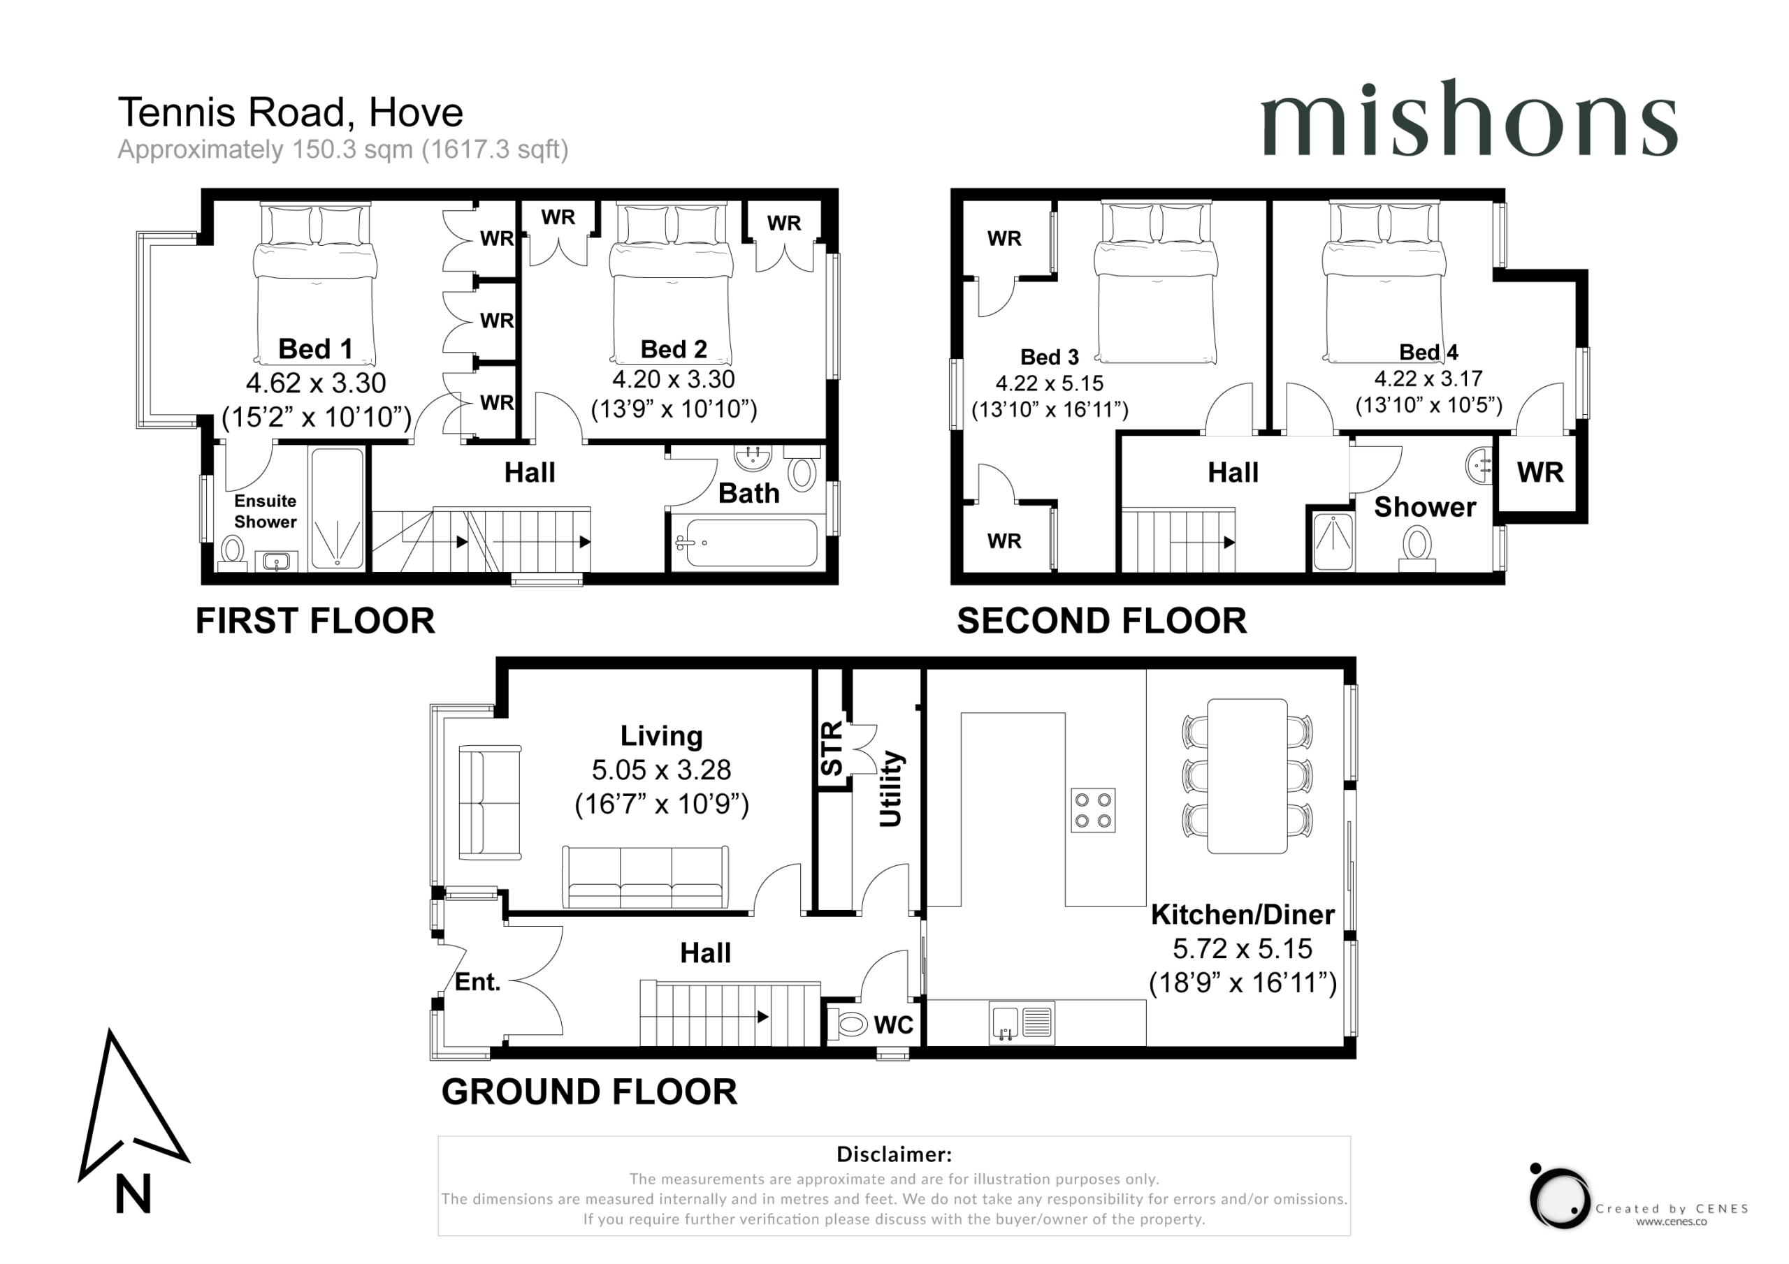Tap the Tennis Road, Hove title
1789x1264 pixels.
291,112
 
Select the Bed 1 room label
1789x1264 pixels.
316,348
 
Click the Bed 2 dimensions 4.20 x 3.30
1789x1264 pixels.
673,379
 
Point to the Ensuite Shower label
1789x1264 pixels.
265,511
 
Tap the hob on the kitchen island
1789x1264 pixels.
1092,810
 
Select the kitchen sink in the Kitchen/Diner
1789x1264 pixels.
1022,1022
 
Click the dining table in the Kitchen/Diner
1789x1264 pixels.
1247,777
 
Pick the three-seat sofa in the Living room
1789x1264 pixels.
646,878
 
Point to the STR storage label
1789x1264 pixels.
832,748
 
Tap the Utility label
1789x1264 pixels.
890,788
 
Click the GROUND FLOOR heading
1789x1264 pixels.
589,1092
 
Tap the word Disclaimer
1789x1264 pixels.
894,1154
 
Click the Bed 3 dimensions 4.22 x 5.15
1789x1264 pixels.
1050,383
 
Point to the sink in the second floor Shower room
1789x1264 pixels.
1479,466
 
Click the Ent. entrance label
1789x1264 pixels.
477,982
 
